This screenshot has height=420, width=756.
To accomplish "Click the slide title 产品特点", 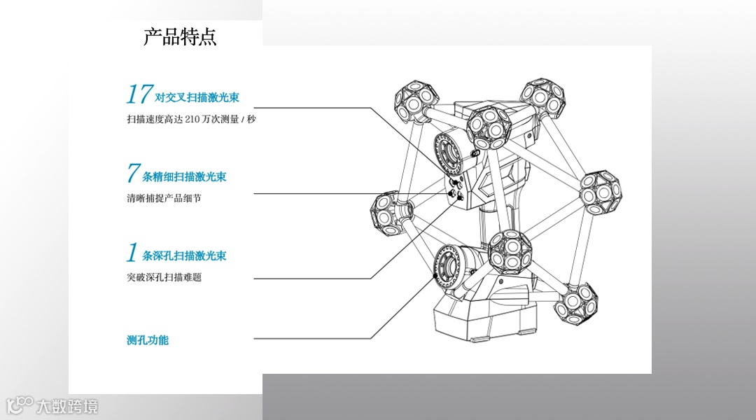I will pyautogui.click(x=180, y=36).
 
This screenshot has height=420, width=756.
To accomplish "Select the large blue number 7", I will pyautogui.click(x=133, y=173).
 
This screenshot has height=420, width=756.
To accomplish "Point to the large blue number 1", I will pyautogui.click(x=132, y=252).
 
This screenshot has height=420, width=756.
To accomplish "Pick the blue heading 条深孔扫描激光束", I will pyautogui.click(x=184, y=256).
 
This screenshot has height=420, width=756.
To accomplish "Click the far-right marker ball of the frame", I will pyautogui.click(x=601, y=191).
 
